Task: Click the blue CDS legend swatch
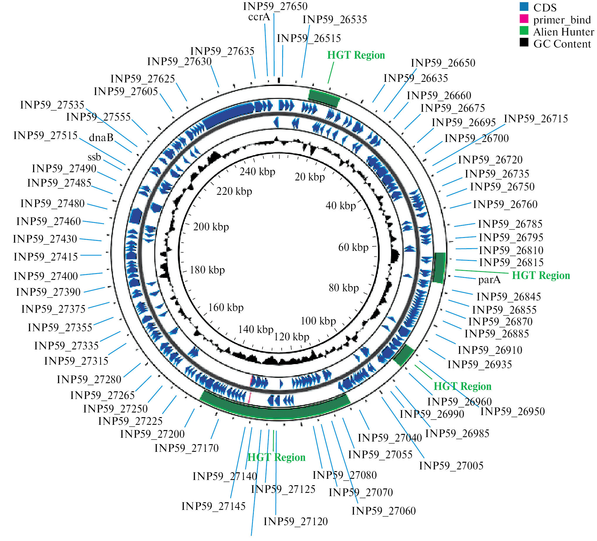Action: [x=524, y=6]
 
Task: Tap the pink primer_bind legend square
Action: [x=524, y=19]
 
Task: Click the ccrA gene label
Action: [x=259, y=17]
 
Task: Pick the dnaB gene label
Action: [x=101, y=137]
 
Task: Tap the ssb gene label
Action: [x=94, y=157]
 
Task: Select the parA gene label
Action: [x=489, y=280]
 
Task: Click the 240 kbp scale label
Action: [x=257, y=171]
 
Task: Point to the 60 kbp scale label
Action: [x=353, y=247]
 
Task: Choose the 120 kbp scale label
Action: [x=291, y=337]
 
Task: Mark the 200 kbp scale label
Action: [x=211, y=227]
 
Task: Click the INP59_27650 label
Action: [x=275, y=6]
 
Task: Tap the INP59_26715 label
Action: [x=536, y=119]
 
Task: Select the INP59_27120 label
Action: [x=295, y=521]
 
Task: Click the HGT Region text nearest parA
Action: [x=541, y=275]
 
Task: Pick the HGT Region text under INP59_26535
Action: [x=356, y=55]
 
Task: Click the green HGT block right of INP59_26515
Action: [x=323, y=98]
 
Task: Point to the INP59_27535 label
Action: [x=52, y=105]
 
